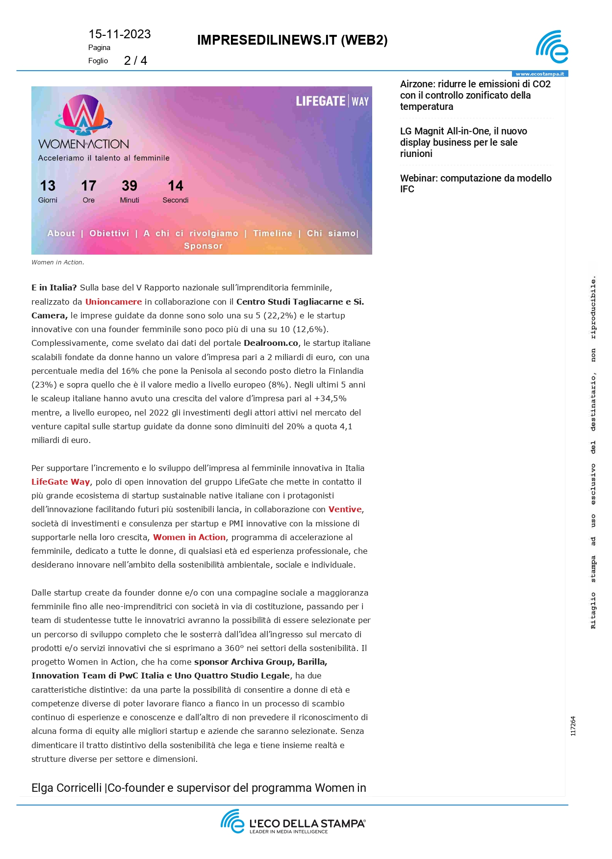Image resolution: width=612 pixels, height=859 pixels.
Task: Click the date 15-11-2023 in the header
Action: click(x=119, y=34)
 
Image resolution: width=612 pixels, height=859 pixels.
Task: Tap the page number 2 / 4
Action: click(x=135, y=61)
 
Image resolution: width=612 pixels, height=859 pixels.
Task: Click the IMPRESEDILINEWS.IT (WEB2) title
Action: click(x=292, y=40)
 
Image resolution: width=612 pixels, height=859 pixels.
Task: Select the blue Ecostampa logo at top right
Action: click(x=552, y=47)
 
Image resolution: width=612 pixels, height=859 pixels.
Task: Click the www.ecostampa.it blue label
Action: click(x=539, y=74)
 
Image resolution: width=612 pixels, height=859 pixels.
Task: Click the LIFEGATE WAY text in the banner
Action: click(x=332, y=102)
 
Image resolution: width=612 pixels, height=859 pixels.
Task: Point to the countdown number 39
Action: click(x=129, y=186)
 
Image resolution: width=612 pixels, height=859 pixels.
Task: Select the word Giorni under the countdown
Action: click(x=48, y=200)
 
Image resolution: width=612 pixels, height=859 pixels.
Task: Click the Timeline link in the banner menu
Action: click(x=273, y=234)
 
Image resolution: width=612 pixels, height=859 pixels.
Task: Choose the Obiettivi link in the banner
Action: click(x=109, y=234)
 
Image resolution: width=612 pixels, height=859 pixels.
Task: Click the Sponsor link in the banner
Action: click(x=203, y=246)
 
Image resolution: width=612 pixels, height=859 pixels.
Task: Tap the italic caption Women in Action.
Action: click(x=58, y=262)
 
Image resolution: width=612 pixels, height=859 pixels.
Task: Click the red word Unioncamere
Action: click(x=113, y=302)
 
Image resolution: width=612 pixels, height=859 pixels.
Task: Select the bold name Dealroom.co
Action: click(x=271, y=343)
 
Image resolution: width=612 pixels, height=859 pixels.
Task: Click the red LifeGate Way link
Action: click(x=60, y=482)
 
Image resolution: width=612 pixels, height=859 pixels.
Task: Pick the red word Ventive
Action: click(x=345, y=509)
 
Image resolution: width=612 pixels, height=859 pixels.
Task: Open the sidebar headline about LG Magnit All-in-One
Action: click(x=463, y=142)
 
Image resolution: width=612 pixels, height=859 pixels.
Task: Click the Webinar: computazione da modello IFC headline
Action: click(x=476, y=183)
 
